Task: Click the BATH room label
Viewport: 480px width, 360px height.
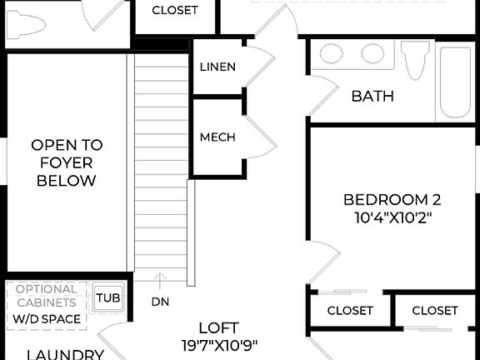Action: point(372,97)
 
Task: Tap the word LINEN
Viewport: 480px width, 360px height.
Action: point(217,67)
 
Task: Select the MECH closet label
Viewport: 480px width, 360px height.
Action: point(217,137)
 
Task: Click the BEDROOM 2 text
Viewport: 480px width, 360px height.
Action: point(392,200)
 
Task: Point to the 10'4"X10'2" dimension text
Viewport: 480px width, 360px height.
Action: point(392,217)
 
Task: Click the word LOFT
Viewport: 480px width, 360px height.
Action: point(218,327)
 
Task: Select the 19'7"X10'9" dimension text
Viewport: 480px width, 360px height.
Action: point(218,345)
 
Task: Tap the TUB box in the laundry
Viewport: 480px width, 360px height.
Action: point(107,297)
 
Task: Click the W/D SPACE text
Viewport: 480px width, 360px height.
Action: point(47,319)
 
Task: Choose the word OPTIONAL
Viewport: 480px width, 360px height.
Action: point(47,289)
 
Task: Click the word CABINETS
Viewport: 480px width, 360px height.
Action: point(47,303)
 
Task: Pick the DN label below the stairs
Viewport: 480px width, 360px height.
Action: point(161,302)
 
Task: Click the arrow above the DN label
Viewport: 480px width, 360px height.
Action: point(161,278)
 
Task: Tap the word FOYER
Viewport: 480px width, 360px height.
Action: point(66,162)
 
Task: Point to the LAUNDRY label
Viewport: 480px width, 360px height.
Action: point(65,354)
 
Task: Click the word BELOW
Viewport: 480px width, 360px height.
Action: point(66,181)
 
